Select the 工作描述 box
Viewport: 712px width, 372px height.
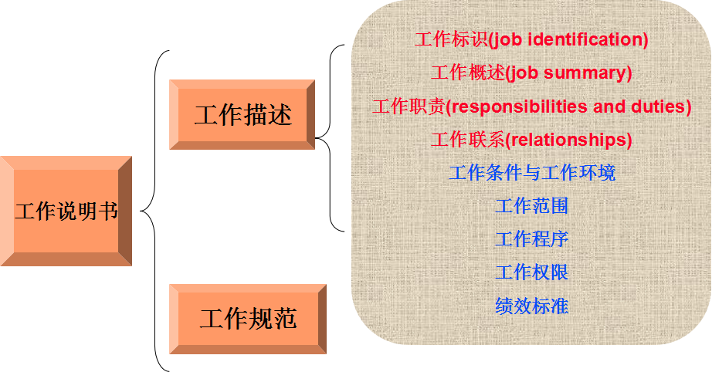242,115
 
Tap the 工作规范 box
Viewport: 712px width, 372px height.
247,319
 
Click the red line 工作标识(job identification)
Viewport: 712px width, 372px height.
531,39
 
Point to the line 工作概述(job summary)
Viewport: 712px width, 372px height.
531,73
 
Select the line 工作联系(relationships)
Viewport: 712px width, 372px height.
531,140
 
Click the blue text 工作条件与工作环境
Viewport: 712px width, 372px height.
532,172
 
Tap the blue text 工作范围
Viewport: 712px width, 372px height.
532,206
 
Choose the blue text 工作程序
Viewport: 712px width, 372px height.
532,239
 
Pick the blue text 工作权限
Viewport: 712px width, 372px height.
532,272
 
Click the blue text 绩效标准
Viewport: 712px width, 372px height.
532,306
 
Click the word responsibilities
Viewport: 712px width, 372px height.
519,107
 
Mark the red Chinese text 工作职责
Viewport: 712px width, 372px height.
409,107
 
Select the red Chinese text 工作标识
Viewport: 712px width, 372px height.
450,39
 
